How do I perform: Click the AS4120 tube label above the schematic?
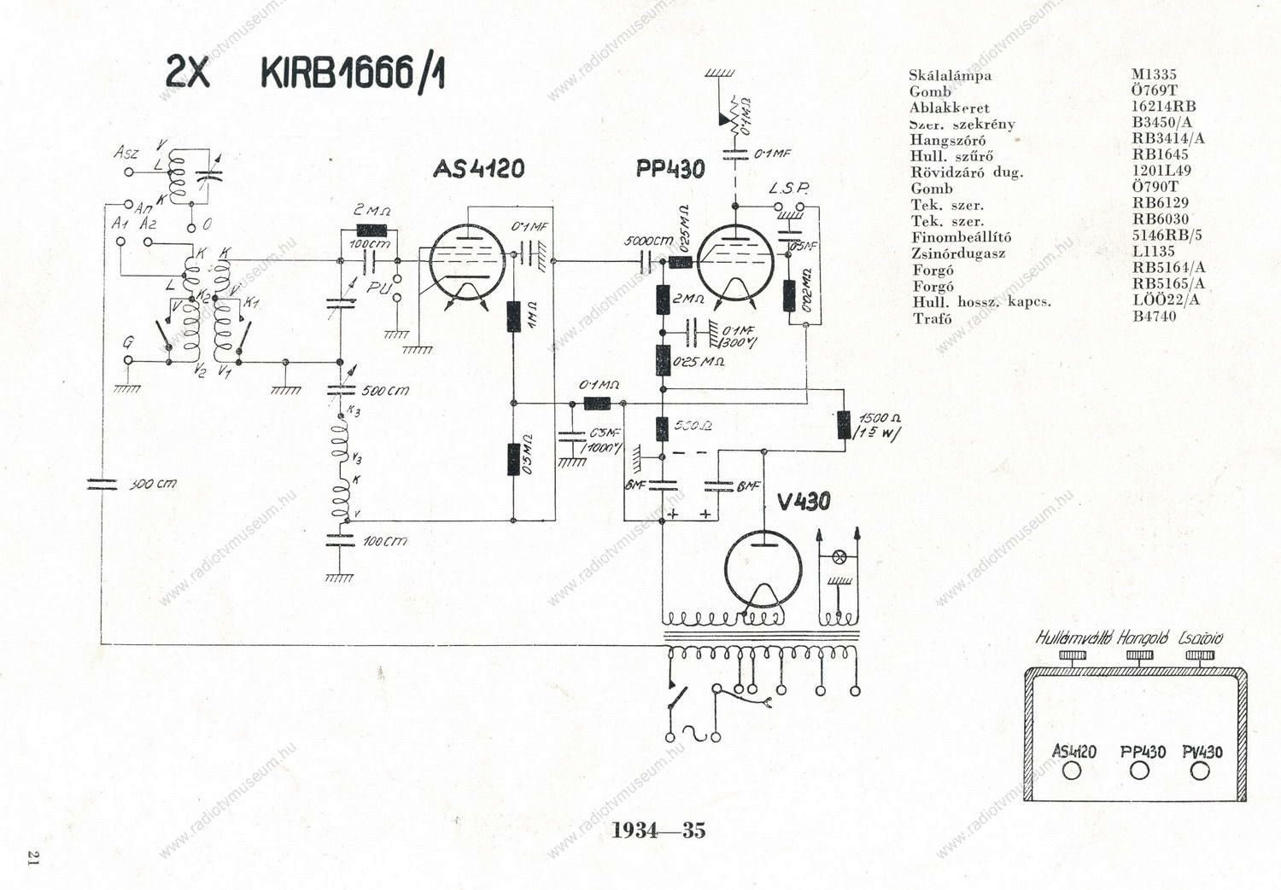pos(478,168)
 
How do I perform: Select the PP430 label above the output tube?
pos(670,168)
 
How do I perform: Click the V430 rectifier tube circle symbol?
pos(763,568)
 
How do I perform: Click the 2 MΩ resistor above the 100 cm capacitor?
pos(371,230)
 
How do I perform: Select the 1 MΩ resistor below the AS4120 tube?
pos(513,316)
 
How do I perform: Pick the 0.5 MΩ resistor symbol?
pos(513,459)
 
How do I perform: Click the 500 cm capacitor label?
pos(385,391)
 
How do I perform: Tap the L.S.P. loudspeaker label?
pos(787,188)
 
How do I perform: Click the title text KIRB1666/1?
pos(352,73)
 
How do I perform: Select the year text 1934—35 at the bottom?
pos(658,830)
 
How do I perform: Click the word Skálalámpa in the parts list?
pos(950,75)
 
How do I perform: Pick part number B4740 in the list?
pos(1154,316)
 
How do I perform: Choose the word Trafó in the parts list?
pos(931,318)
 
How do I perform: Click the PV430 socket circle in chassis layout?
pos(1200,771)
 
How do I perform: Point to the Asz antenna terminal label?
pos(126,153)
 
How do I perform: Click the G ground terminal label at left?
pos(128,343)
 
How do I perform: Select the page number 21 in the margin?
pos(34,857)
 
